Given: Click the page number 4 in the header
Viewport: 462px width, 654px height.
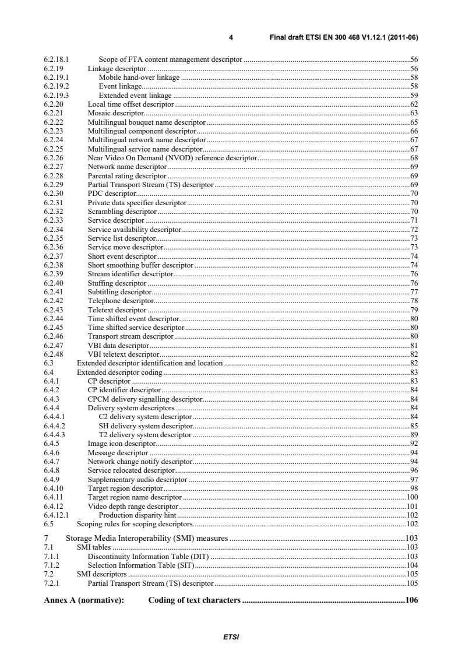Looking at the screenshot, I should coord(231,38).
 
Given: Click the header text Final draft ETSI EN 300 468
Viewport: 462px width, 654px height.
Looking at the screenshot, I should coord(344,38).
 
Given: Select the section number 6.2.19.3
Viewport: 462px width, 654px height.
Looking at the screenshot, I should coord(57,95).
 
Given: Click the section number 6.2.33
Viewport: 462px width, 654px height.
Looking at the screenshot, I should coord(54,220).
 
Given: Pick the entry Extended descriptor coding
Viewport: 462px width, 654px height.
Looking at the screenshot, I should coord(119,372).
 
